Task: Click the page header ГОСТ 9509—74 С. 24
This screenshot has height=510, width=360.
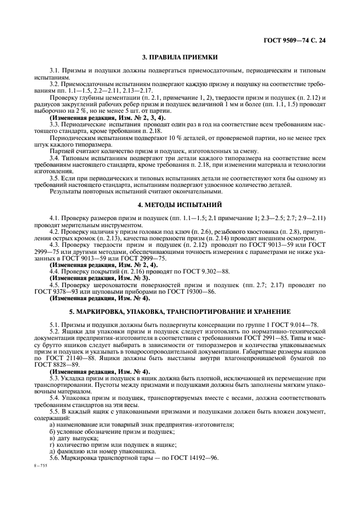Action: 298,39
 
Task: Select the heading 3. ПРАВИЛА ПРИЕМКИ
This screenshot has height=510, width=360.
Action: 180,56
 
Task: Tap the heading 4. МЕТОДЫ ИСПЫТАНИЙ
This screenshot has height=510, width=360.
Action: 180,204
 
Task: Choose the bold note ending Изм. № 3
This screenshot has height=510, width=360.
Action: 103,277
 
